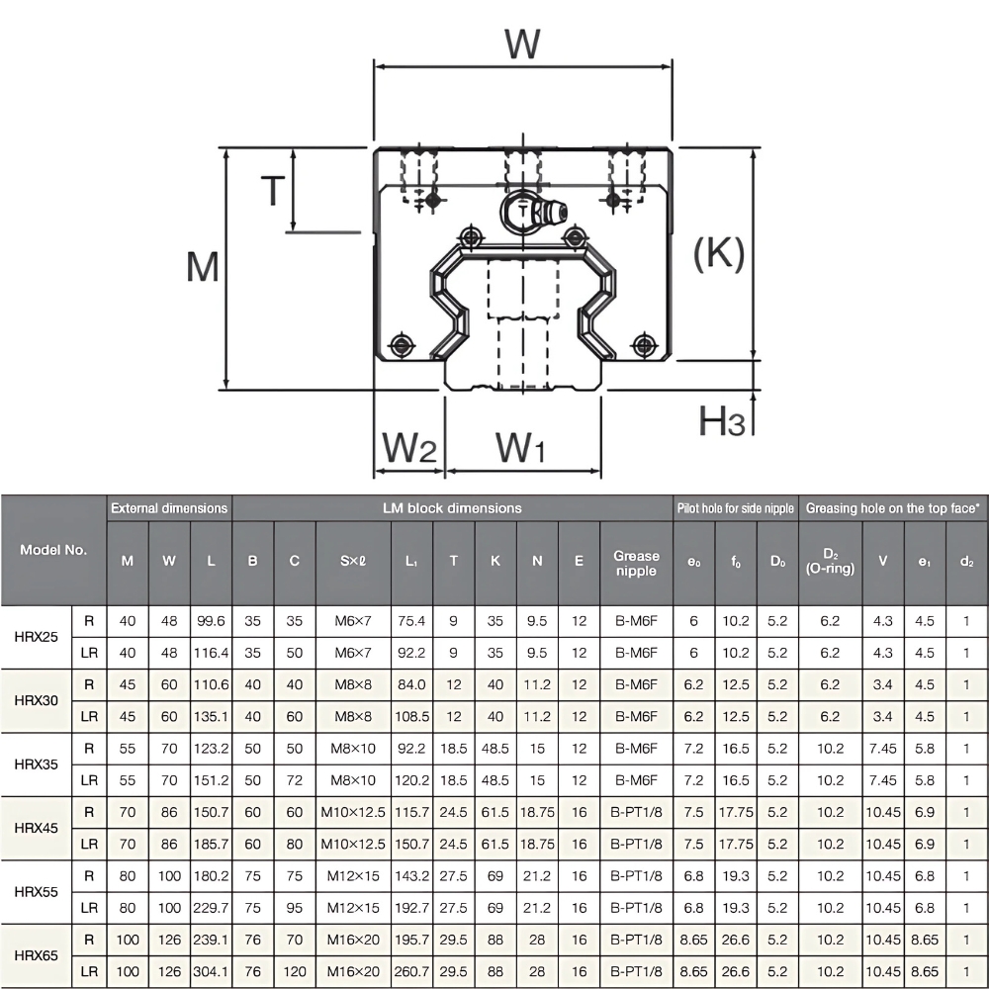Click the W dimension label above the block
coord(522,45)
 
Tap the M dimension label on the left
coord(203,267)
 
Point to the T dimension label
coord(272,190)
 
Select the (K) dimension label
coord(718,254)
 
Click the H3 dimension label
coord(722,422)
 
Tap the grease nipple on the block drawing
coord(534,211)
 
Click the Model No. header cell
coord(53,549)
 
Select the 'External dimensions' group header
coord(169,508)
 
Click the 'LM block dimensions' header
coord(452,508)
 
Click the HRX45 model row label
coord(38,828)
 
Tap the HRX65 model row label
coord(38,955)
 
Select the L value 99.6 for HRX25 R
coord(212,621)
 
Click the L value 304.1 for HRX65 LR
coord(212,971)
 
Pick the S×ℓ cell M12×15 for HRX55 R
coord(353,876)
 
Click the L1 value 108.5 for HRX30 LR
coord(411,716)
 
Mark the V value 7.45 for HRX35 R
coord(883,749)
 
